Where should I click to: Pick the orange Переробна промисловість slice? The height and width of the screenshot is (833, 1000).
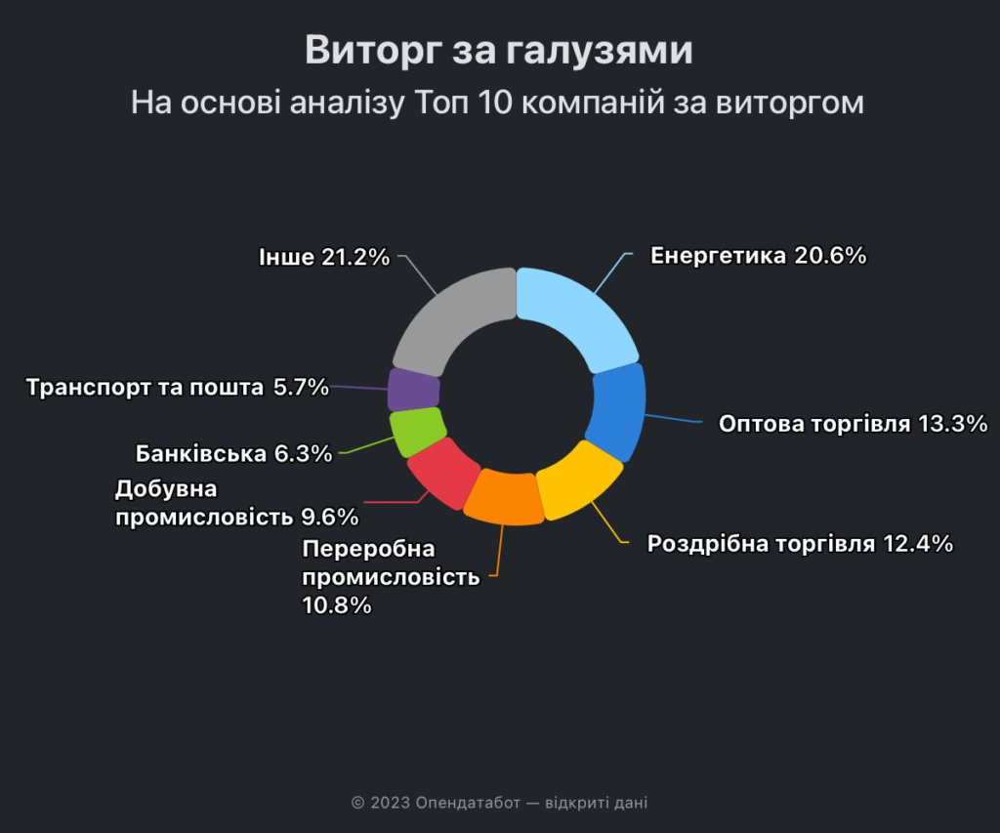[504, 497]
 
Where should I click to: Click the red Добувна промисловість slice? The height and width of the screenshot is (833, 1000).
[441, 471]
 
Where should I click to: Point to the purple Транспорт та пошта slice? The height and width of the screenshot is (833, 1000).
[414, 390]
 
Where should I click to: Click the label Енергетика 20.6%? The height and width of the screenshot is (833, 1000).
[759, 256]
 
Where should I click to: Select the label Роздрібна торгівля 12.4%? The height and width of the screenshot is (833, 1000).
[800, 544]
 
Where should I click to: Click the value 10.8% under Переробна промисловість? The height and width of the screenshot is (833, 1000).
[337, 605]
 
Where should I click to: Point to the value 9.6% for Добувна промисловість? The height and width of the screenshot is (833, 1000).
[329, 516]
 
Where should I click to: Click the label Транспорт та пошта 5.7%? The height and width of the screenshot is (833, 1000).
[178, 387]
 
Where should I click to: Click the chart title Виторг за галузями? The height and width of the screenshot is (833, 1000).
[499, 51]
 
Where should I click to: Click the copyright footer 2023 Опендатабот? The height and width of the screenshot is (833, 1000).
[499, 803]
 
